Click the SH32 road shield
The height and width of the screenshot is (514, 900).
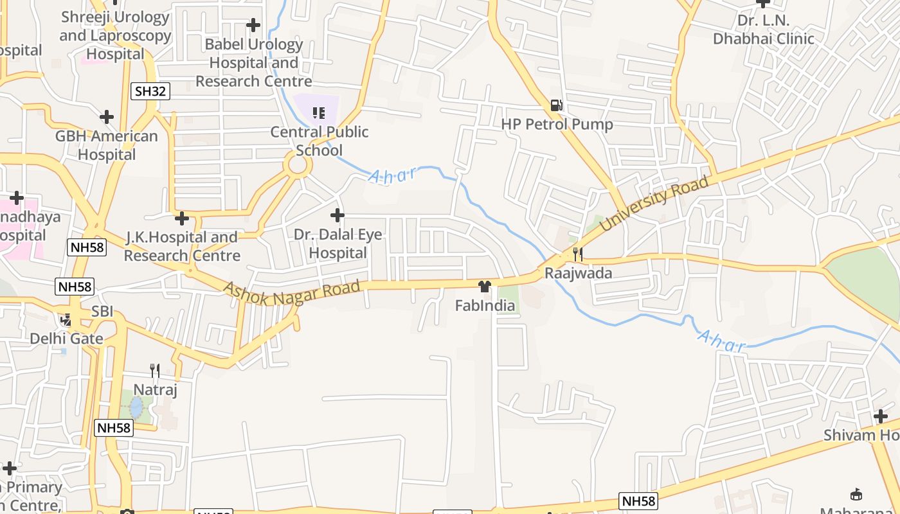tap(151, 91)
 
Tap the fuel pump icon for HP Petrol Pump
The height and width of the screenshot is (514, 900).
tap(557, 105)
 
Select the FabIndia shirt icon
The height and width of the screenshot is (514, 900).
tap(485, 287)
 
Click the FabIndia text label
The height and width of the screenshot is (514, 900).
tap(485, 306)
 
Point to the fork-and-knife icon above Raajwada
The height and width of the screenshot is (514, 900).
tap(577, 254)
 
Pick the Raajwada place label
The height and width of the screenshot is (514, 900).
tap(579, 273)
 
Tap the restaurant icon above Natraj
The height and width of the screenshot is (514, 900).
tap(154, 370)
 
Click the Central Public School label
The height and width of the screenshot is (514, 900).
tap(319, 141)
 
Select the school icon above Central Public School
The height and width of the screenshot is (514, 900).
tap(318, 113)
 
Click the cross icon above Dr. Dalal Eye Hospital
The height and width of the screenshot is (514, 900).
tap(337, 215)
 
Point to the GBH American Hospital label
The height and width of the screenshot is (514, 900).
tap(107, 145)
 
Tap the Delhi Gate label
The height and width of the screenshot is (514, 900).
tap(66, 338)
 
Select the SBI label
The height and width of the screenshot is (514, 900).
tap(102, 312)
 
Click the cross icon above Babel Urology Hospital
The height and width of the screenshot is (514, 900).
tap(253, 25)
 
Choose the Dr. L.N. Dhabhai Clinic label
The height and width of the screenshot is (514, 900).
tap(763, 30)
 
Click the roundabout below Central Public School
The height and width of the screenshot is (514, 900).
tap(298, 165)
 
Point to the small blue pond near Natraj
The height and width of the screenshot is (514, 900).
tap(136, 407)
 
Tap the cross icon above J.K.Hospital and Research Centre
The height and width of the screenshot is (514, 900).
tap(182, 218)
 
